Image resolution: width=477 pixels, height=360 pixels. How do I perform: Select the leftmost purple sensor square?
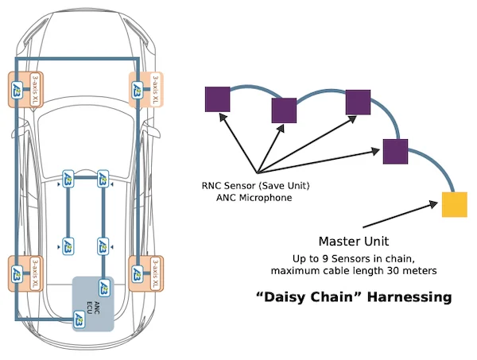pyautogui.click(x=217, y=99)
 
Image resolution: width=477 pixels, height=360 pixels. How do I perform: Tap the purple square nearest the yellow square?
pyautogui.click(x=395, y=151)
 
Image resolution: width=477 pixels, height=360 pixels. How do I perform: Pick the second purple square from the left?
pyautogui.click(x=284, y=110)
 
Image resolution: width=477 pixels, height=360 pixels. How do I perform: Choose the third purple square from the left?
pyautogui.click(x=358, y=103)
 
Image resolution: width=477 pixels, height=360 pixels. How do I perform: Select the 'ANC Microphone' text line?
pyautogui.click(x=254, y=197)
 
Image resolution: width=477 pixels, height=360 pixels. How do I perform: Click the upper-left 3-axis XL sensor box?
pyautogui.click(x=25, y=88)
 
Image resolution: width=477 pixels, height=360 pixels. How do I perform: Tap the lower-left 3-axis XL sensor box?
pyautogui.click(x=25, y=272)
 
